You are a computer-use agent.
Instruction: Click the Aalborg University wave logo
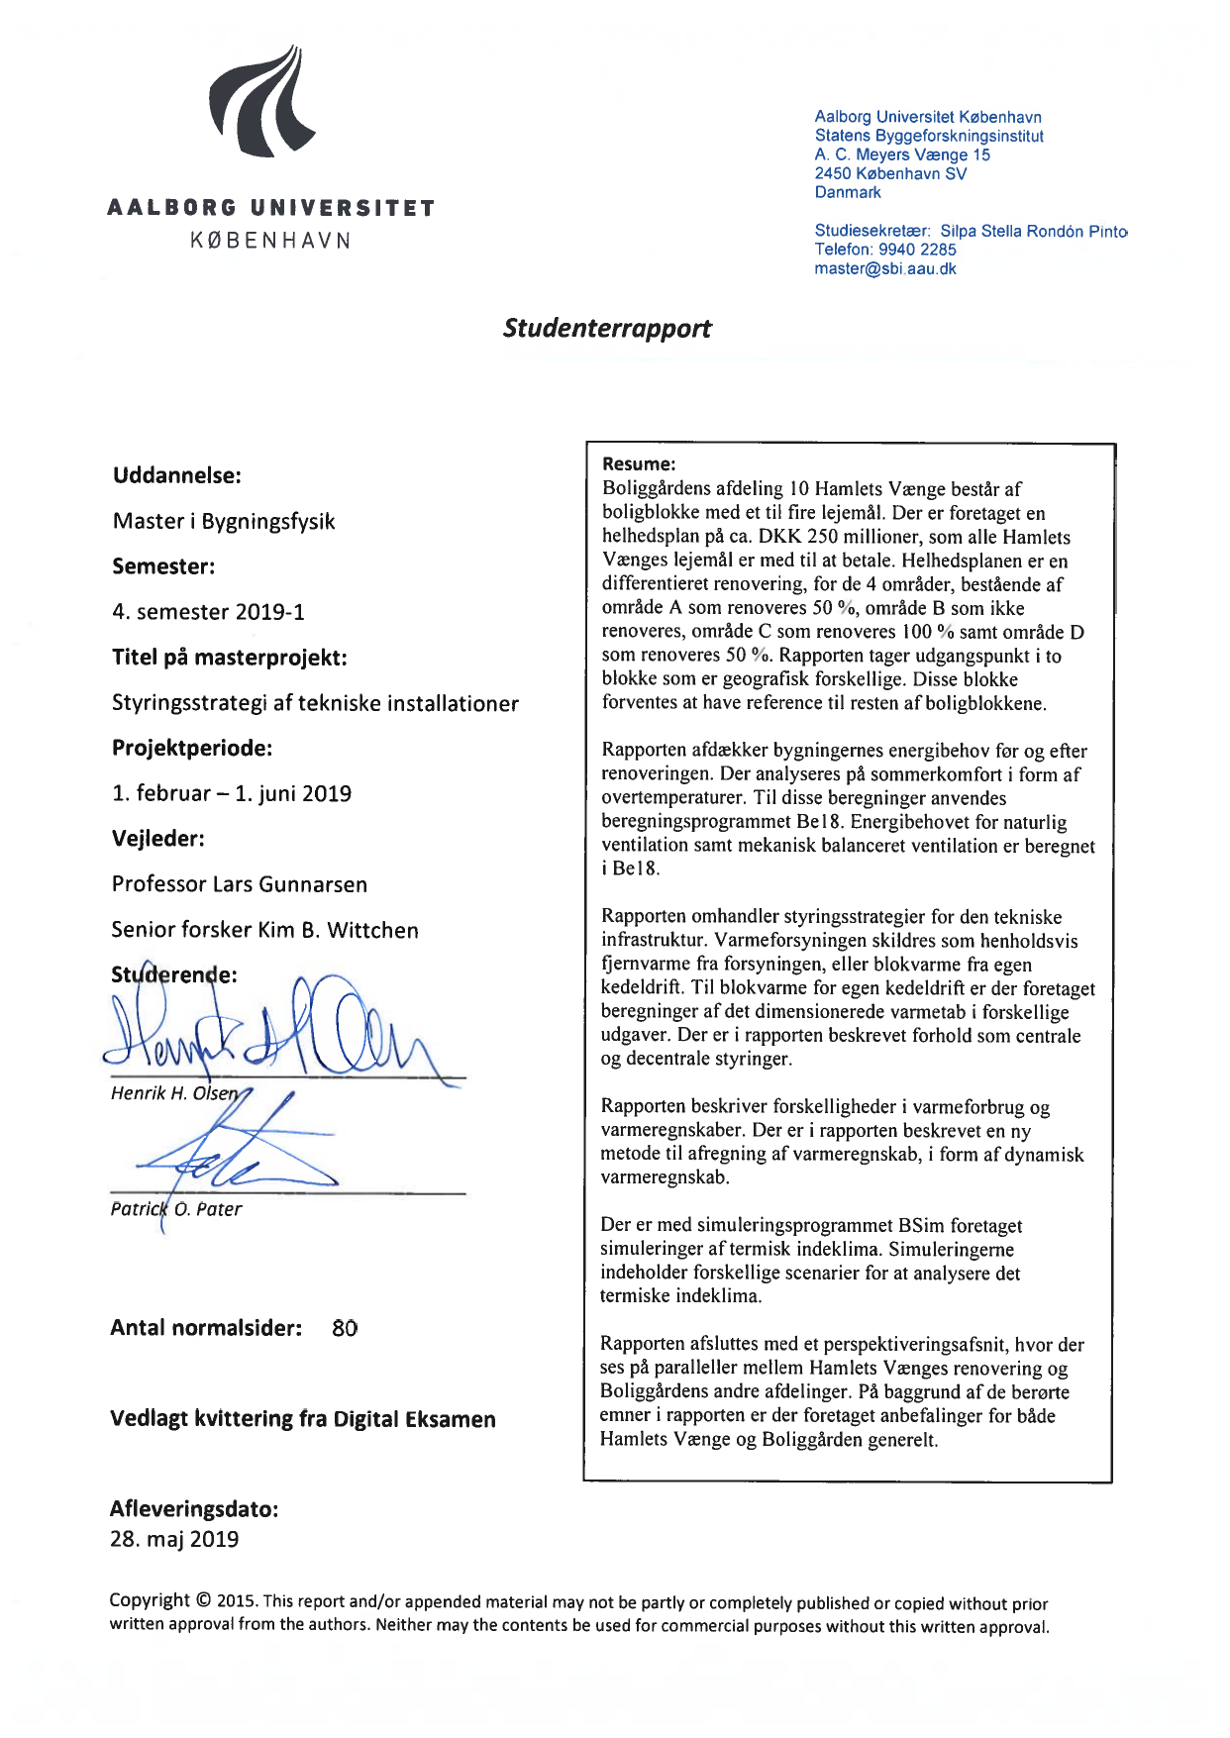coord(260,102)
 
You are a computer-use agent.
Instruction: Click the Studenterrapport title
coord(606,329)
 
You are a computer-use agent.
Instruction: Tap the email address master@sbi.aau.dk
coord(885,268)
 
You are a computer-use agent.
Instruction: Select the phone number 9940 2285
coord(917,250)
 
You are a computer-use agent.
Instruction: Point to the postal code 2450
coord(833,173)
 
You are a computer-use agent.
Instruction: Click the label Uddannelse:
coord(177,475)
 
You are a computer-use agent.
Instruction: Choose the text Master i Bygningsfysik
coord(224,521)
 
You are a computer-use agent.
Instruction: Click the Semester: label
coord(163,566)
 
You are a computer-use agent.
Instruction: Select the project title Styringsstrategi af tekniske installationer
coord(315,703)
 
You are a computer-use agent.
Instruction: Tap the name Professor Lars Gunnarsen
coord(240,884)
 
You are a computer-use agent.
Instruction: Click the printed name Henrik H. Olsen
coord(174,1093)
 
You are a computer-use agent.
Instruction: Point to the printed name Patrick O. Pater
coord(176,1209)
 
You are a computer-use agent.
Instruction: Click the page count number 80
coord(345,1328)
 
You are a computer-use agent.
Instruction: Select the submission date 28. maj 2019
coord(174,1539)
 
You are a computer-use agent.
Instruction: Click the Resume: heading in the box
coord(639,463)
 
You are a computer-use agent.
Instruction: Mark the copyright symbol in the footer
coord(203,1600)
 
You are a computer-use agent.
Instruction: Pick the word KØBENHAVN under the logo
coord(270,241)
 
